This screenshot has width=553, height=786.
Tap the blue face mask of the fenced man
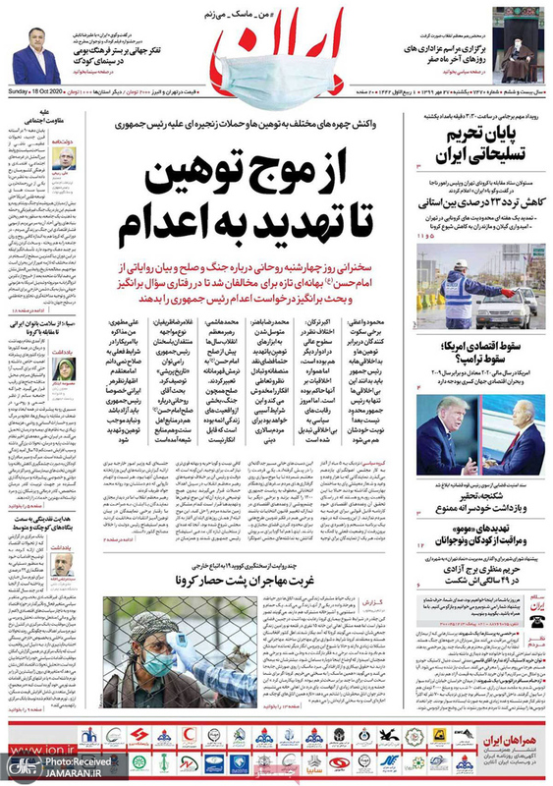pos(158,664)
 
